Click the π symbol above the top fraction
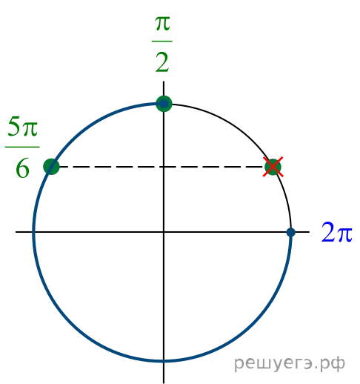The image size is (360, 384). point(162,24)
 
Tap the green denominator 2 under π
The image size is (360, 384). point(162,63)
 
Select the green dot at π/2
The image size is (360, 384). point(164,104)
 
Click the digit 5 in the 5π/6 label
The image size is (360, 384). point(13,127)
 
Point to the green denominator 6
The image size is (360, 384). point(22,168)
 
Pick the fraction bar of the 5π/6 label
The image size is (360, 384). point(22,147)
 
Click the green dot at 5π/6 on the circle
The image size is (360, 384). point(51,167)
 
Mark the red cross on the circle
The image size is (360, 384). point(273,167)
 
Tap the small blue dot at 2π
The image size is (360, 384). point(291,232)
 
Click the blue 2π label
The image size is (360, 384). point(336,232)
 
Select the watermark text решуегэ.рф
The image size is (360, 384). point(289,363)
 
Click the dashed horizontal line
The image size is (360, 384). point(161,167)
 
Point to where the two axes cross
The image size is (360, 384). point(164,232)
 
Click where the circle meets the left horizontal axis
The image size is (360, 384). point(34,232)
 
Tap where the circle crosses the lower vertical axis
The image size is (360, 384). point(164,361)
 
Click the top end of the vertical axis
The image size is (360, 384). point(164,82)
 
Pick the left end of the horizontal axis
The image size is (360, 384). point(16,232)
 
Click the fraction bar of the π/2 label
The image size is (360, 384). point(162,41)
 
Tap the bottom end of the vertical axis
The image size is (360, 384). point(164,383)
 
